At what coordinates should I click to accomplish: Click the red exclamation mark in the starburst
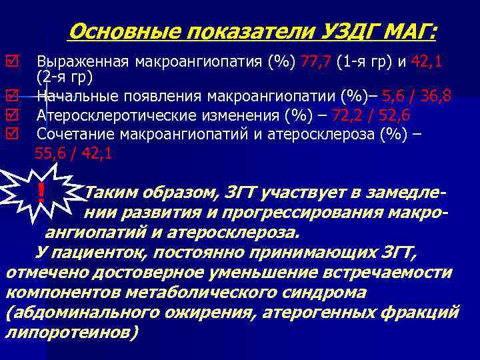click(x=41, y=194)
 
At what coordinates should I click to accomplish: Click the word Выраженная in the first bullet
click(x=83, y=62)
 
